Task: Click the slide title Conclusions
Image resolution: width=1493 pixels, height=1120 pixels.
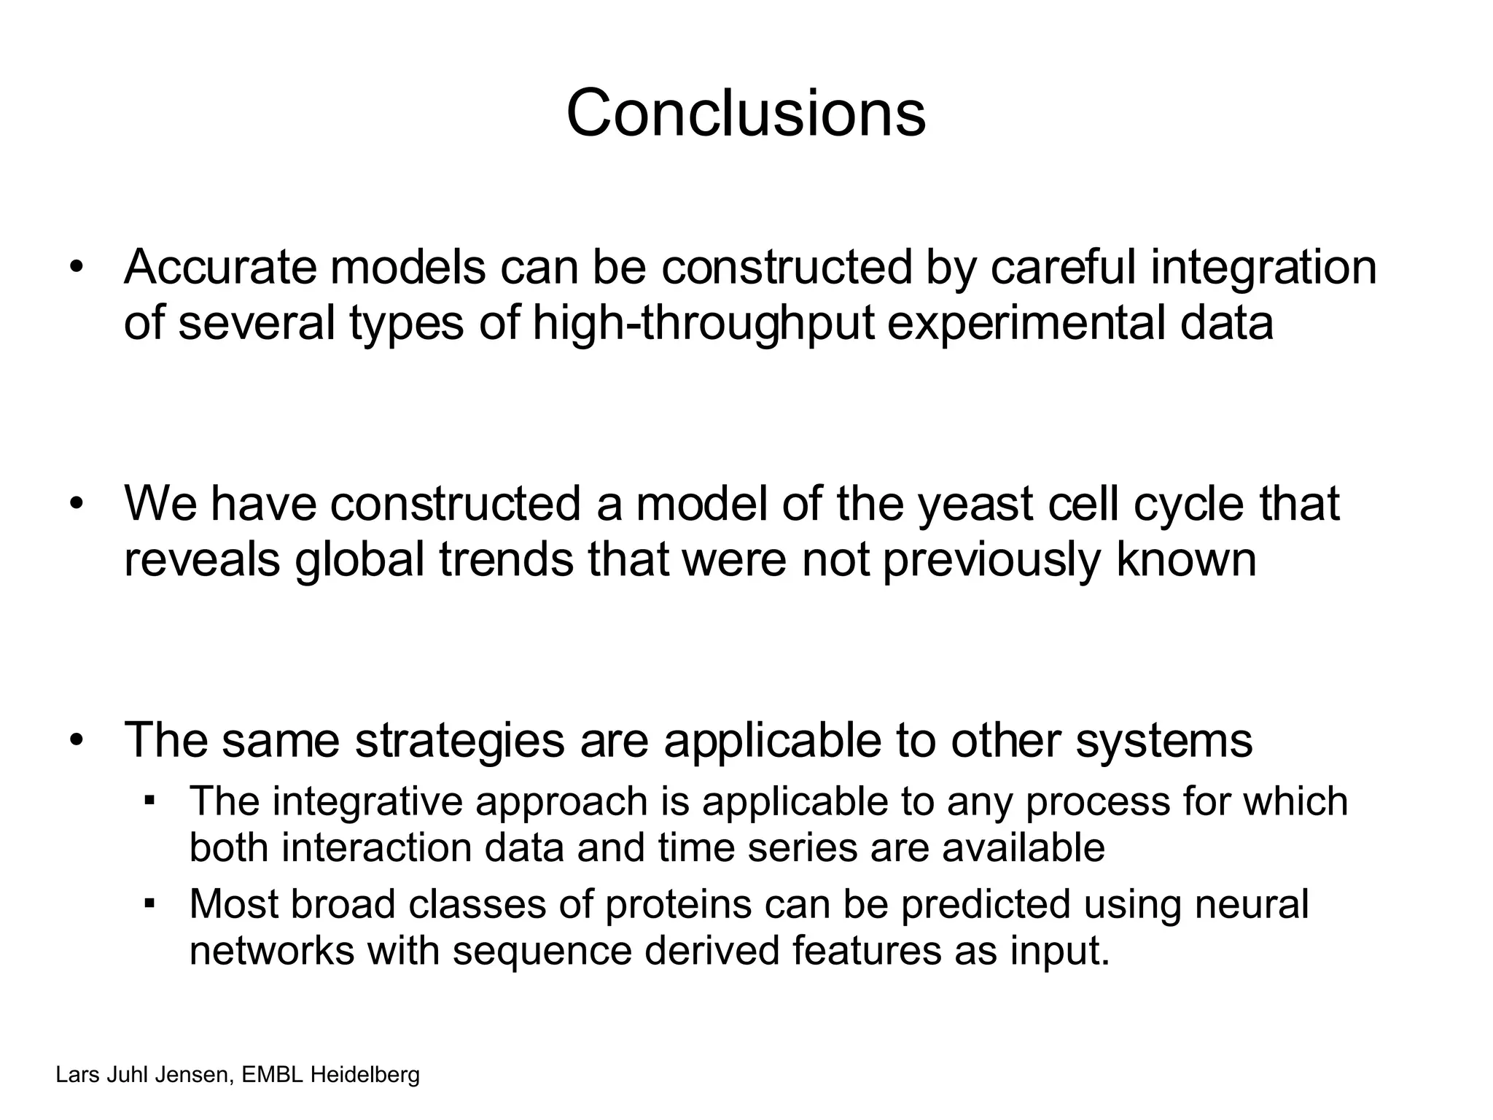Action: [x=745, y=114]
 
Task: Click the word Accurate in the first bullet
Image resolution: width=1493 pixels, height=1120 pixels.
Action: [x=220, y=267]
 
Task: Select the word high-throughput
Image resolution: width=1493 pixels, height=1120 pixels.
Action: [x=703, y=323]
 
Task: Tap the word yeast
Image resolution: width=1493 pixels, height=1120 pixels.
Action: [x=975, y=504]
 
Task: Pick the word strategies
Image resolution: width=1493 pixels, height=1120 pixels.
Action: [x=459, y=740]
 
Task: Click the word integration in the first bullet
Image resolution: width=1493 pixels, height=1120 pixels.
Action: [x=1263, y=267]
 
